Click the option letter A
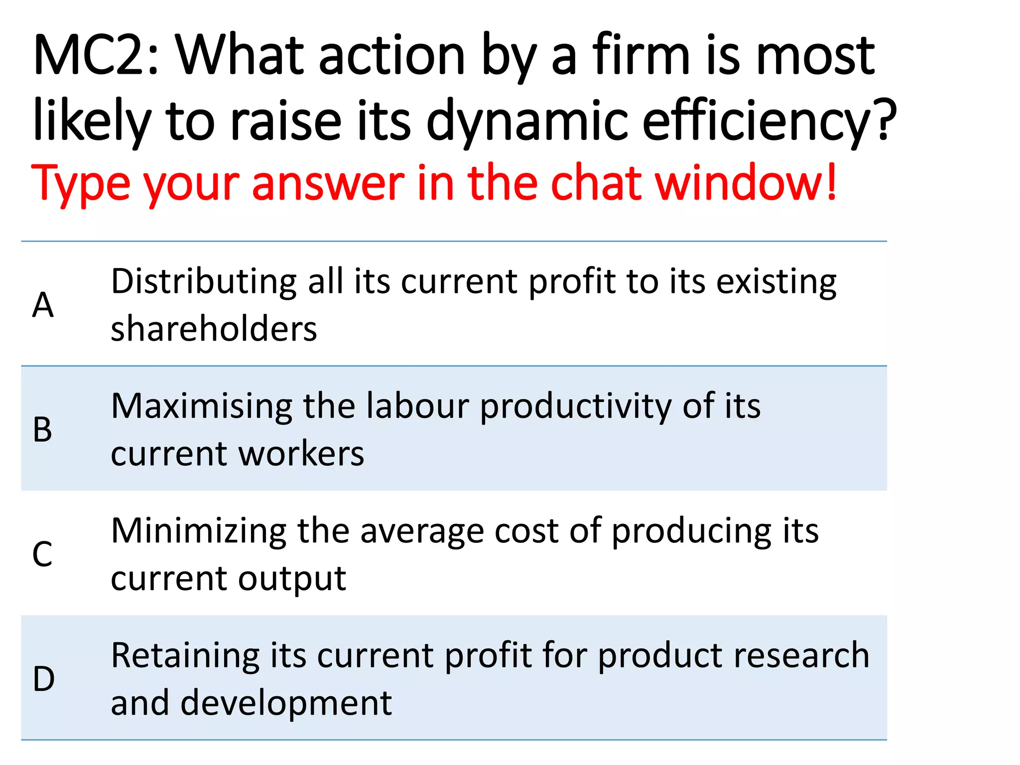pyautogui.click(x=43, y=305)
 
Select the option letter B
pyautogui.click(x=42, y=429)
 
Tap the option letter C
pyautogui.click(x=42, y=554)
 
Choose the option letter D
pyautogui.click(x=43, y=679)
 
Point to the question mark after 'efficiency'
pyautogui.click(x=885, y=120)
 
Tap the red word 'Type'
pyautogui.click(x=80, y=183)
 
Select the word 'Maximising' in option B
pyautogui.click(x=202, y=406)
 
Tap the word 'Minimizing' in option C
pyautogui.click(x=199, y=530)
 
